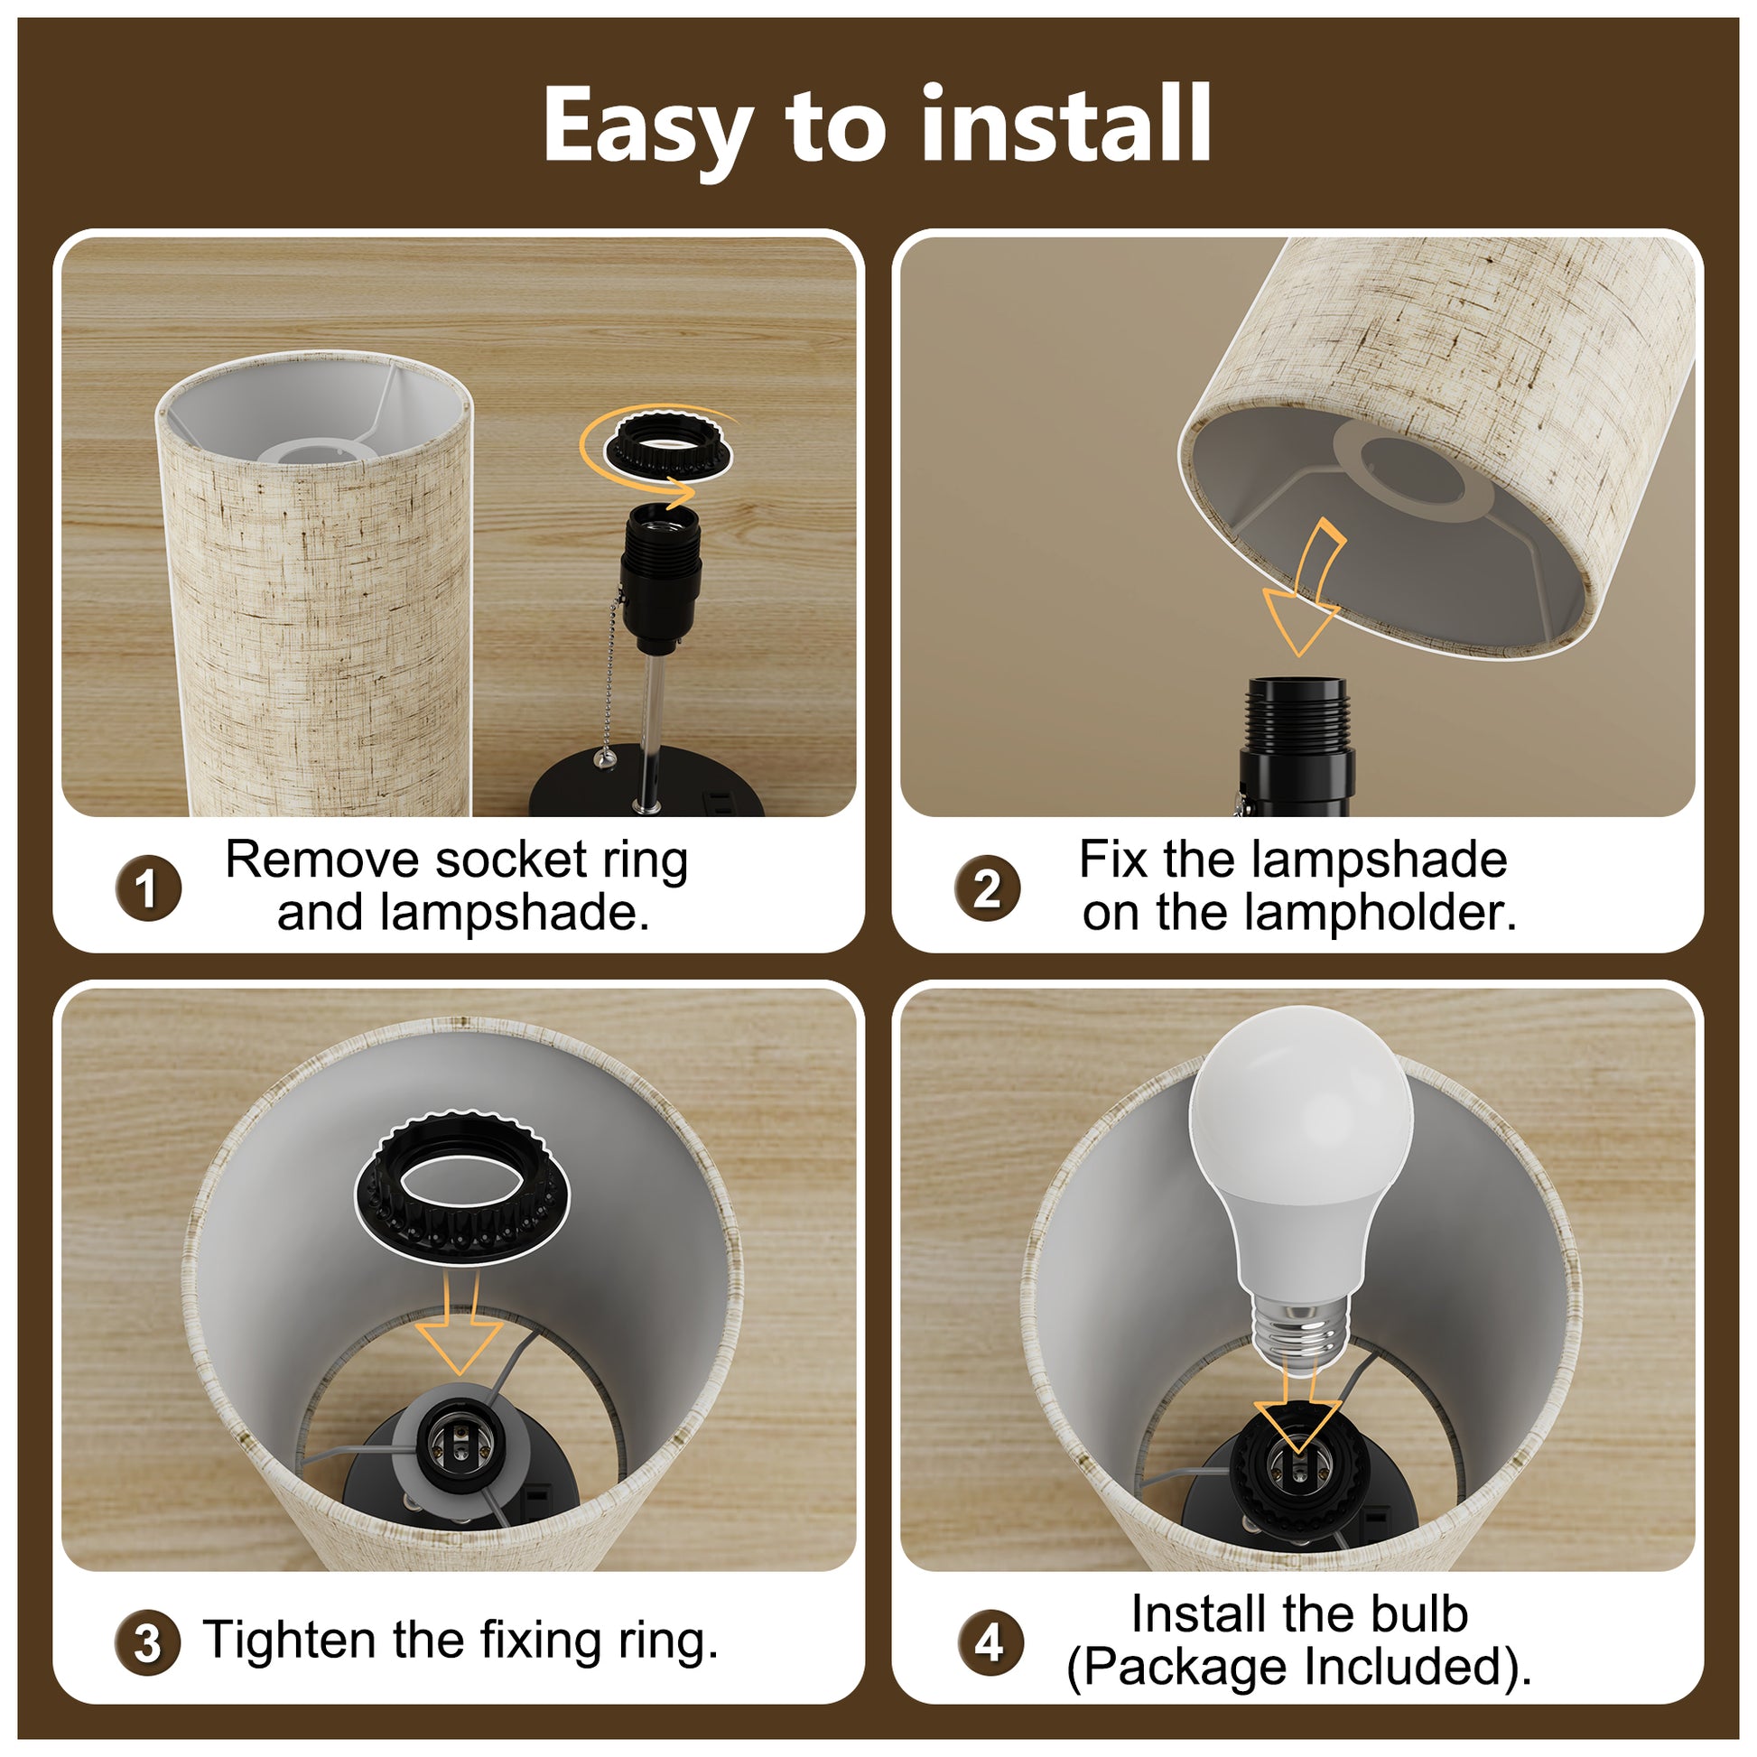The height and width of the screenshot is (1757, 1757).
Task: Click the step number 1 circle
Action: pyautogui.click(x=148, y=888)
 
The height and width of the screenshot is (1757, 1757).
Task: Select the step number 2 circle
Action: pyautogui.click(x=987, y=888)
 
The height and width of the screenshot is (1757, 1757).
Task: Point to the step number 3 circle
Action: pyautogui.click(x=147, y=1642)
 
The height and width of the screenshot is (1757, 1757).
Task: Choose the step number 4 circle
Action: pyautogui.click(x=990, y=1642)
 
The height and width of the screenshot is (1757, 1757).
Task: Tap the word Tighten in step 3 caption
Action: pyautogui.click(x=289, y=1641)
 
